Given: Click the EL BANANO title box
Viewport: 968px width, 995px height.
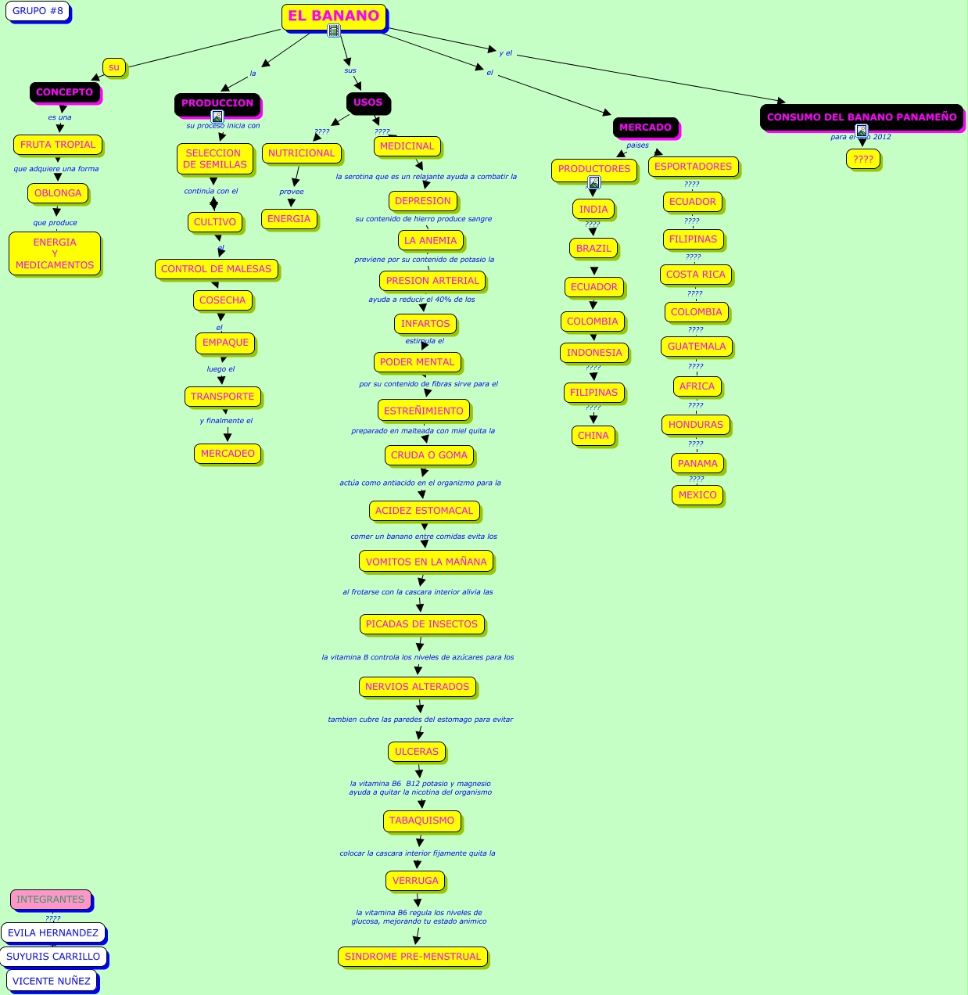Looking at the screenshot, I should (333, 16).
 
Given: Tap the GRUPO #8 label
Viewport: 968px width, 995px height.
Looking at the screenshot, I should (38, 11).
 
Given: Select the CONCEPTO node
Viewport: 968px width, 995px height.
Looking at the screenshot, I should (64, 92).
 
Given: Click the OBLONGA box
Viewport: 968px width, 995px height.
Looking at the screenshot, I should (58, 193).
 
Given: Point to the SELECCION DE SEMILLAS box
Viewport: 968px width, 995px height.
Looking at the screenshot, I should (215, 159).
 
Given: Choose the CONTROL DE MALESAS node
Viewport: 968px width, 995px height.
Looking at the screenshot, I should (216, 269).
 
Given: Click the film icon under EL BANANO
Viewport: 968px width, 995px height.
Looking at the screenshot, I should (334, 31).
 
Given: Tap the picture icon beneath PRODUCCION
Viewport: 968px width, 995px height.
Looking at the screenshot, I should (217, 117).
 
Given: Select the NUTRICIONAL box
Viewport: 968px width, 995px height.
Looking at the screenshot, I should (301, 153).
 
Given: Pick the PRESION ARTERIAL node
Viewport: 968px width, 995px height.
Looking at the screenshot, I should (432, 281).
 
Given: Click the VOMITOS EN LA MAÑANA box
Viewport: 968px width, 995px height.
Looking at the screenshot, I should (426, 562).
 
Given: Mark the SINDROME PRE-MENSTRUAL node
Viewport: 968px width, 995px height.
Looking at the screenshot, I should (413, 957).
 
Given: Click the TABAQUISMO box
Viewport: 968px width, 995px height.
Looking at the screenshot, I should (421, 821).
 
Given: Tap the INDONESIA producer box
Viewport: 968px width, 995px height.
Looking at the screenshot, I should (594, 353).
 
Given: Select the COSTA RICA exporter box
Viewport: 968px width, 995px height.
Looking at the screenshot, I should (696, 275).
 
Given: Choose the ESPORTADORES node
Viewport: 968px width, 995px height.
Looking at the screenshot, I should (693, 167).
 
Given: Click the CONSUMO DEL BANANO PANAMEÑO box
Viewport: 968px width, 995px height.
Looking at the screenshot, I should (862, 117).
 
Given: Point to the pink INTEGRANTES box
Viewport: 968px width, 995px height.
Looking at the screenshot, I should (51, 900).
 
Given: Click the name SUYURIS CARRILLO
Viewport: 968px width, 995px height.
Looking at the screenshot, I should (53, 957).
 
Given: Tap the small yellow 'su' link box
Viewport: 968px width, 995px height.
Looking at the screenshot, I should (114, 67).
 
